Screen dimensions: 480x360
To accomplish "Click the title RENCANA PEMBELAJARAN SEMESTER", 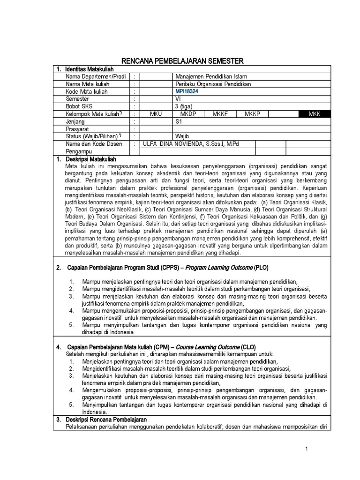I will [x=182, y=61].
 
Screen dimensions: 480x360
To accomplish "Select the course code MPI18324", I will [x=186, y=91].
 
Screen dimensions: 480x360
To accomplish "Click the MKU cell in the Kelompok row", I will [x=156, y=113].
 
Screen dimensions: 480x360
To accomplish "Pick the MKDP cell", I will [x=189, y=113].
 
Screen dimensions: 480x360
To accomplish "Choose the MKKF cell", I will [x=220, y=113].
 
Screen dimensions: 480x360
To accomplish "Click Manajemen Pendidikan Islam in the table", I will [x=210, y=76].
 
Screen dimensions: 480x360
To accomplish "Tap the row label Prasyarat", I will [x=78, y=128].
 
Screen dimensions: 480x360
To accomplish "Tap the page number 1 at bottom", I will [x=306, y=449].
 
